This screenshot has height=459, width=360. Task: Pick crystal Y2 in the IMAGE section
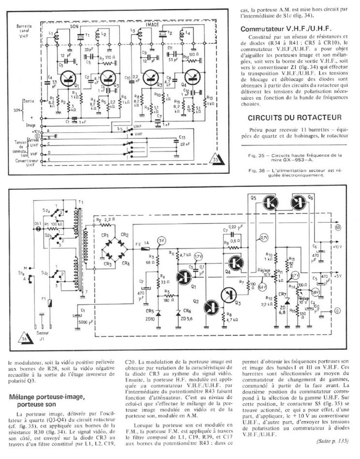point(164,36)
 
